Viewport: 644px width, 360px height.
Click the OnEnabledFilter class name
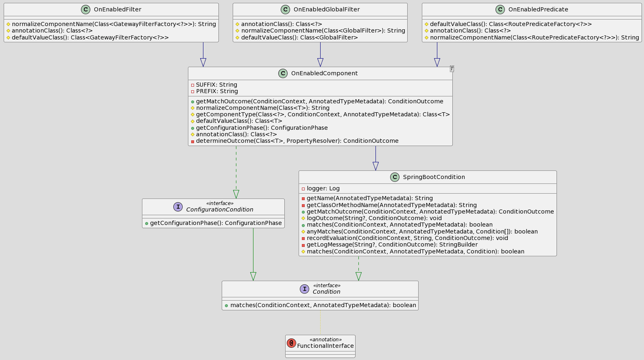[117, 9]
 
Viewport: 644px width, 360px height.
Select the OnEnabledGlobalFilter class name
[326, 9]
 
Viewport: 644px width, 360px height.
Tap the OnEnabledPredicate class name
[538, 9]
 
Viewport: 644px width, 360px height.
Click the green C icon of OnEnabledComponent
[283, 73]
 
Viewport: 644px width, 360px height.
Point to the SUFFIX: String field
[216, 85]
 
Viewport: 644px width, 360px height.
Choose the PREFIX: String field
[216, 91]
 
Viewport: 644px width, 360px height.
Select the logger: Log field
[323, 188]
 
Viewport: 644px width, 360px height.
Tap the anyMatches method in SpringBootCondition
[422, 231]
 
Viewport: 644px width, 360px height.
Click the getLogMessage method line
[392, 244]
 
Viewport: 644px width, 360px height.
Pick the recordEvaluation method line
[407, 238]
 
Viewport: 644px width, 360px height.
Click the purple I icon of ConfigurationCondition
[178, 207]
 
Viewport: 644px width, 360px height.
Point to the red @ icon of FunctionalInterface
[291, 343]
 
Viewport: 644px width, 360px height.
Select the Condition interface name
[326, 292]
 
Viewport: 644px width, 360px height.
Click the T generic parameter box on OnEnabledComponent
[452, 69]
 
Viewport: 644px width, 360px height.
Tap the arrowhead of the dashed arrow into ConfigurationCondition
[236, 194]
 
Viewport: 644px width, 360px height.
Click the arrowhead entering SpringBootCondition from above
[375, 166]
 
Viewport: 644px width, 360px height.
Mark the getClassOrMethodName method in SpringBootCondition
[391, 205]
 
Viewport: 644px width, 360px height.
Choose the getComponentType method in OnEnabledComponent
[323, 114]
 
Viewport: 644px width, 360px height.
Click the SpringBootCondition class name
[434, 177]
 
